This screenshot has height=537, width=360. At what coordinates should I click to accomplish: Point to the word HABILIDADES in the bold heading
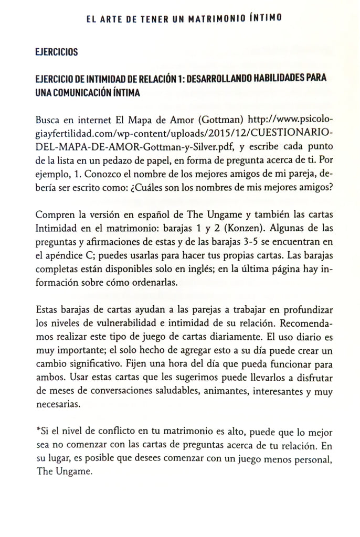pyautogui.click(x=278, y=78)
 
